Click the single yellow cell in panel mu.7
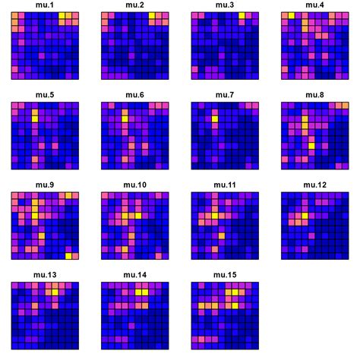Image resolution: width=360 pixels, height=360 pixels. (215, 118)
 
